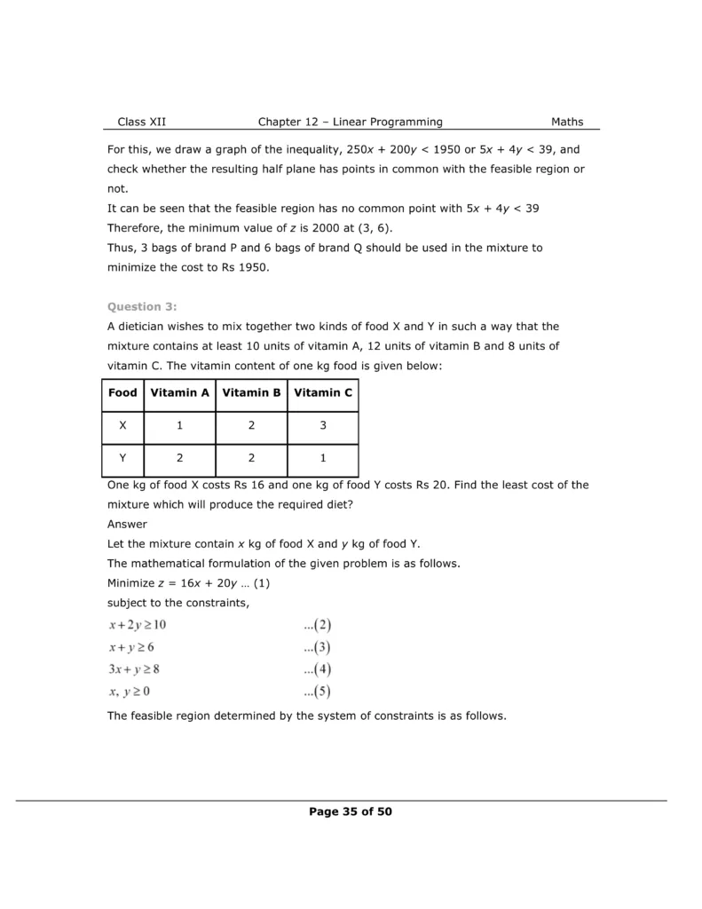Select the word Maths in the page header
(567, 122)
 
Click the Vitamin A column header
(180, 392)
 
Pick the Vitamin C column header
(323, 392)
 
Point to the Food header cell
(122, 392)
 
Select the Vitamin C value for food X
(323, 426)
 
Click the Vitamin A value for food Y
(180, 459)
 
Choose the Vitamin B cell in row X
(251, 426)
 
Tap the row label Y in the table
(122, 459)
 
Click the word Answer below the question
(127, 524)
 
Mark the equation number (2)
(317, 625)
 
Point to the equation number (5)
(317, 692)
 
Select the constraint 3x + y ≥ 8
(134, 669)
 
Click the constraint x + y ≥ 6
(131, 647)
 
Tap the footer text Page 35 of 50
(351, 811)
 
